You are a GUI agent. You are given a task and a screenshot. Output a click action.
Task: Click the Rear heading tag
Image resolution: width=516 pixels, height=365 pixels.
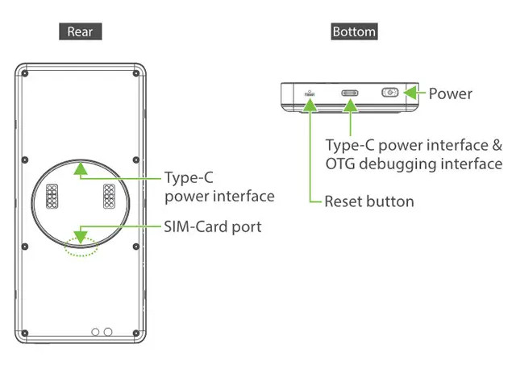[x=80, y=32]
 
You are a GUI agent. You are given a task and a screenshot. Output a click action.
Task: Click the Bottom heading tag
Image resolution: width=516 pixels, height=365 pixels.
[x=354, y=32]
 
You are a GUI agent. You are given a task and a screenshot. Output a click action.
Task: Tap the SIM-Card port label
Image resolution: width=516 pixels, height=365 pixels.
[x=212, y=226]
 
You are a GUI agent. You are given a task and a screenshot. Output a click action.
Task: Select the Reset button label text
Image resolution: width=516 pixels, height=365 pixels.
[x=368, y=201]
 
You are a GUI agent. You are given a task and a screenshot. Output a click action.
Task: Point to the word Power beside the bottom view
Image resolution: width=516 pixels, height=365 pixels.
[x=450, y=93]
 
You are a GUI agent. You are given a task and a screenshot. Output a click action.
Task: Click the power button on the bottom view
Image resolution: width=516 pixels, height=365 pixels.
[x=389, y=93]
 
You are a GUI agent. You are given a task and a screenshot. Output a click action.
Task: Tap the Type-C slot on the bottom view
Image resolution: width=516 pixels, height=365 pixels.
[x=351, y=93]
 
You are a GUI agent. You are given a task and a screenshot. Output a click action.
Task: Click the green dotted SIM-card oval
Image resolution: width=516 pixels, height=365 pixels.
[x=81, y=245]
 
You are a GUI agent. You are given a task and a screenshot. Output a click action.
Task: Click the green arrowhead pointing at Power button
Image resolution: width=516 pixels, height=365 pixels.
[x=410, y=93]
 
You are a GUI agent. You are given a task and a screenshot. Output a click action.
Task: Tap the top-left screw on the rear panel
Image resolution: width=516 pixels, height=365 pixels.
[x=25, y=75]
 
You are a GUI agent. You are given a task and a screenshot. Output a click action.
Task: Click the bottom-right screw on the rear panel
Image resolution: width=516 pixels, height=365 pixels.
[x=137, y=331]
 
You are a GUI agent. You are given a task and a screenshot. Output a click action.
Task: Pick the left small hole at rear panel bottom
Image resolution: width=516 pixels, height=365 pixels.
[x=95, y=331]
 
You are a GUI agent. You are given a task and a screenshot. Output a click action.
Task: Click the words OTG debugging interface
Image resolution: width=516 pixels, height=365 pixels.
[x=414, y=164]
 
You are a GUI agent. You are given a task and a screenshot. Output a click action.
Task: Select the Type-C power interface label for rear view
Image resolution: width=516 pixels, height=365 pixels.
[x=218, y=186]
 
